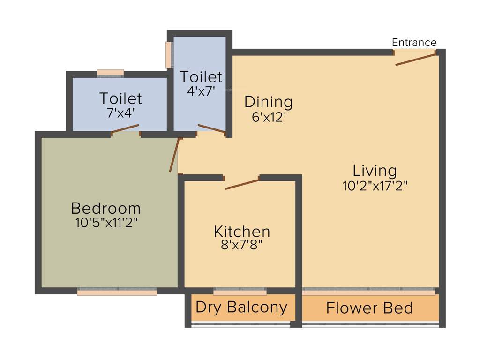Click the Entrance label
click(414, 43)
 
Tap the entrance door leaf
click(416, 59)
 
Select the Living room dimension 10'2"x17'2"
click(375, 186)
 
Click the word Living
click(375, 170)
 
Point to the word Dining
click(269, 101)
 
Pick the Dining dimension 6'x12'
click(269, 117)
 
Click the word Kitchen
click(242, 231)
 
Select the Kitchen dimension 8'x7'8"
click(242, 246)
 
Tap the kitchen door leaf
click(242, 183)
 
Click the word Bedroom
click(105, 207)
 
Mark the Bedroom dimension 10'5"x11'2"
click(105, 223)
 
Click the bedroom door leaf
click(174, 155)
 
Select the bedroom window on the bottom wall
click(117, 292)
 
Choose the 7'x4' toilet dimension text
click(120, 112)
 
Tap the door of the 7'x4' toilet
click(125, 129)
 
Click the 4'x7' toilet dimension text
click(201, 91)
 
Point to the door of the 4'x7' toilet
click(212, 129)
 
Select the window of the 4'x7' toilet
click(168, 55)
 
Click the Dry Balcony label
click(241, 307)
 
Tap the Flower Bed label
click(369, 308)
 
